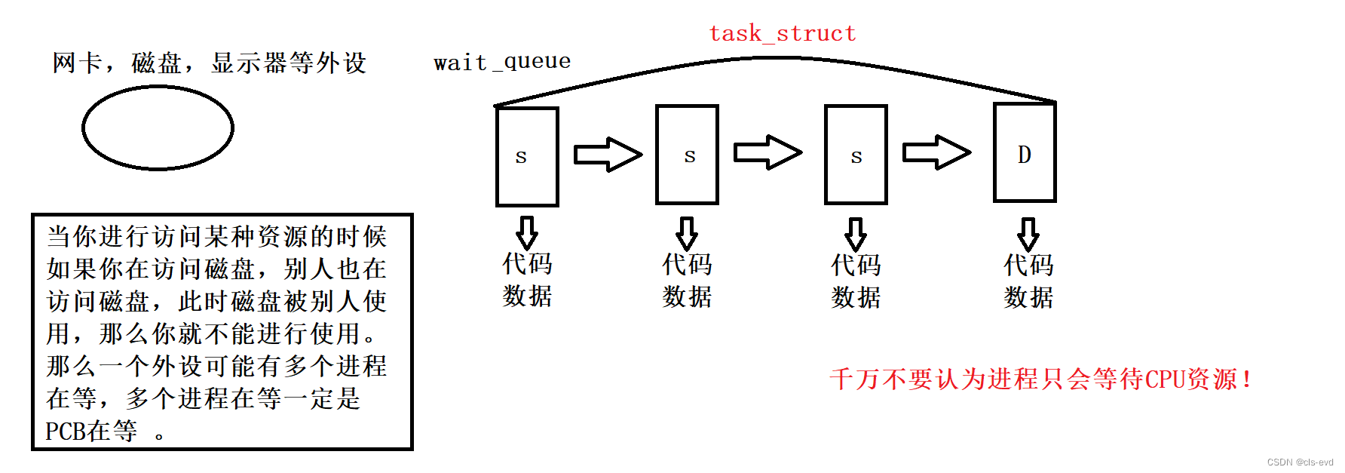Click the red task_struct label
point(783,34)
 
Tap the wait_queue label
point(502,62)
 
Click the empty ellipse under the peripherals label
point(158,127)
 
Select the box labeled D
point(1025,153)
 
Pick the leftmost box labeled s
point(527,156)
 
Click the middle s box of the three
point(687,155)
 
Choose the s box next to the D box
point(856,155)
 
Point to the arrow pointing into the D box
point(936,152)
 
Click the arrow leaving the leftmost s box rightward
point(607,155)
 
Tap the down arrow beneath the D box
point(1028,234)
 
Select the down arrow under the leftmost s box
point(527,233)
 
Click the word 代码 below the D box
point(1028,265)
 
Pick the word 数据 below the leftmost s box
point(527,296)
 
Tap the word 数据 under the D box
point(1028,297)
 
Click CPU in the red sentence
point(1165,379)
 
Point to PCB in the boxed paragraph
point(65,432)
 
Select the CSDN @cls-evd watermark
point(1300,462)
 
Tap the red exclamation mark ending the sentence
point(1247,379)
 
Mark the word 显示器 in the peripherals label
point(250,63)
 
